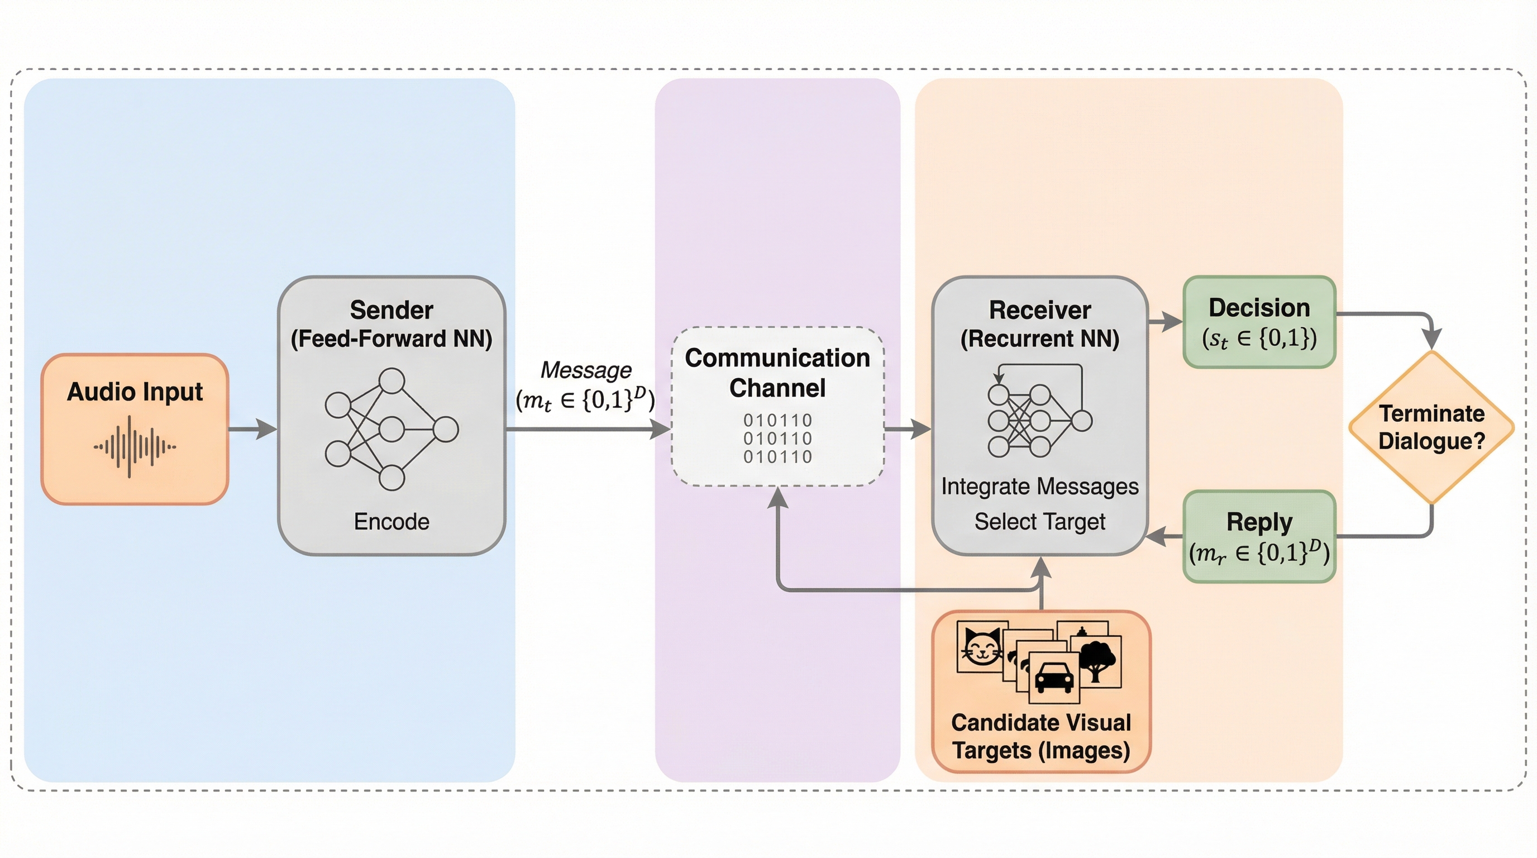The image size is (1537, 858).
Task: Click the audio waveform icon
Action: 134,446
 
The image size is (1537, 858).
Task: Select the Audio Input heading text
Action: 135,392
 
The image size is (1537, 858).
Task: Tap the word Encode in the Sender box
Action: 392,522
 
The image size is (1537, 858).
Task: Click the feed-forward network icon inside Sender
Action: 392,430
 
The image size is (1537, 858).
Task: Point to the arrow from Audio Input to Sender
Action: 252,428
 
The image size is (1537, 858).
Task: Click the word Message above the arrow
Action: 585,370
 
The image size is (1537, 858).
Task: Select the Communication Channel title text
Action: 777,373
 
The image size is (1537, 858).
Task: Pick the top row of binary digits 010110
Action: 777,420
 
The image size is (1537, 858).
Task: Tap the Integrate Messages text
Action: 1039,487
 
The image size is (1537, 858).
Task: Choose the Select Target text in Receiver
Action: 1039,522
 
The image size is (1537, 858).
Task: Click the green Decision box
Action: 1259,322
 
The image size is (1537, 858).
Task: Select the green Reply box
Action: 1259,536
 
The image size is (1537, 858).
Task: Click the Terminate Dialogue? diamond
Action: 1431,427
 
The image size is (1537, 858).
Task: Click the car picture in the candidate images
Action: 1054,678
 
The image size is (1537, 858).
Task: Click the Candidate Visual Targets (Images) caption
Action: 1040,736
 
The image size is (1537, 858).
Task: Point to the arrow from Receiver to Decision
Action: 1164,322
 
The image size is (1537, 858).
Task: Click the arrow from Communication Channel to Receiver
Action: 907,428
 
